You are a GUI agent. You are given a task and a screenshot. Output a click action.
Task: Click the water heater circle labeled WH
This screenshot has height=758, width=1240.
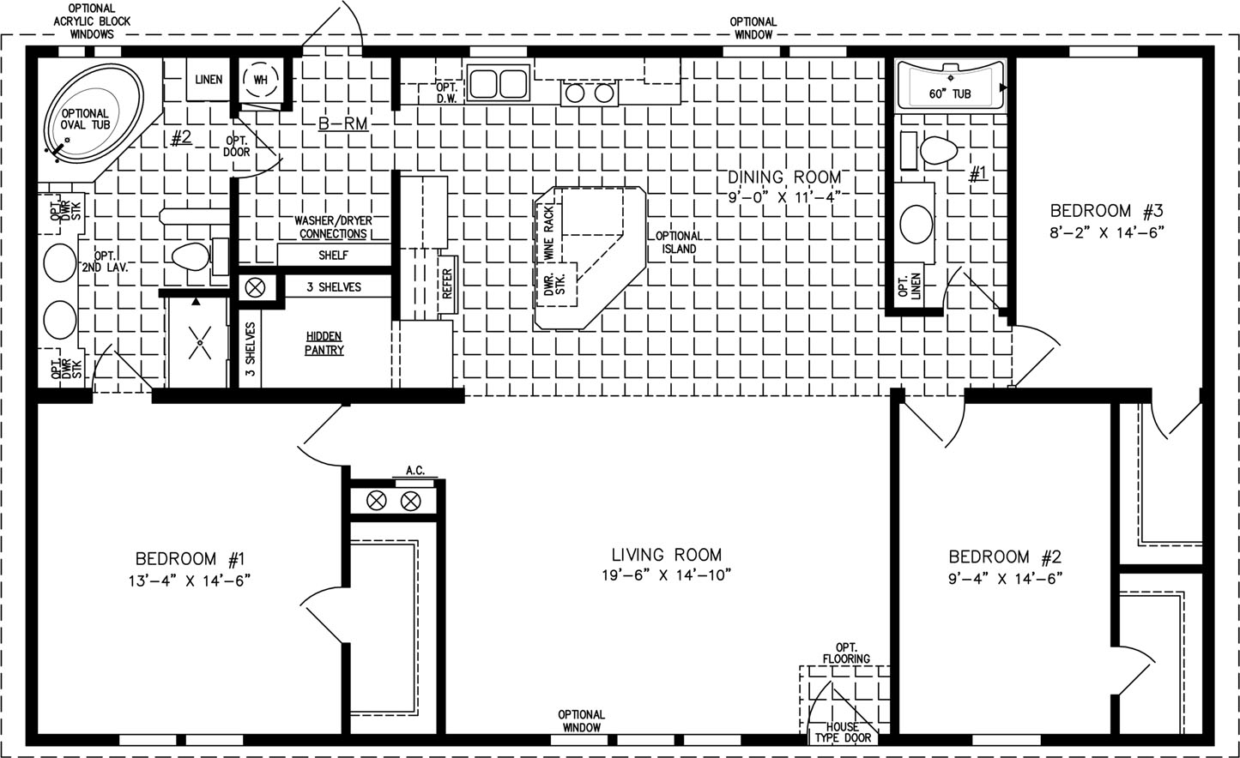(x=260, y=80)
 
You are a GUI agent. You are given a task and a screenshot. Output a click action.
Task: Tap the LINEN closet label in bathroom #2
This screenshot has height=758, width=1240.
(x=209, y=80)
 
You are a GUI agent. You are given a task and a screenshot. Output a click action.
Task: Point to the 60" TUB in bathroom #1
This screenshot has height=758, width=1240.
(x=950, y=85)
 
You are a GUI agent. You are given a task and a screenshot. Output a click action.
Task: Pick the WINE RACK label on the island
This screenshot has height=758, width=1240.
(x=549, y=233)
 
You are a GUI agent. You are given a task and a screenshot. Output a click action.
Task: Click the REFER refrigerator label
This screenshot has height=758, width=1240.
(x=447, y=284)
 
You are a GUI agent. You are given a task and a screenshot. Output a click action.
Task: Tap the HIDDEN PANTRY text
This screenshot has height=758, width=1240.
(x=324, y=343)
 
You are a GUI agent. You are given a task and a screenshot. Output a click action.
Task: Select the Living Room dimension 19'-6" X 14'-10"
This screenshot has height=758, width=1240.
(x=667, y=575)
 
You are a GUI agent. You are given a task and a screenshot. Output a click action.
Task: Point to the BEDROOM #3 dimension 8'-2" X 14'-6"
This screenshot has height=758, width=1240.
(x=1107, y=232)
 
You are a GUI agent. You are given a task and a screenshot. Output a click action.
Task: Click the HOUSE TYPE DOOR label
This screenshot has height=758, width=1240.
(x=843, y=732)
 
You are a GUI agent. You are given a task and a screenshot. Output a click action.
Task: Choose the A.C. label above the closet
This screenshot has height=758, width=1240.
(x=415, y=470)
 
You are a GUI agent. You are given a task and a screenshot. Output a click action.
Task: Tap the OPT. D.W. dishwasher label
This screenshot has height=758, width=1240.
(x=446, y=93)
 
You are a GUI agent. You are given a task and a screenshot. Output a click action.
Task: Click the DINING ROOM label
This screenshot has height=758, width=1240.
(x=783, y=177)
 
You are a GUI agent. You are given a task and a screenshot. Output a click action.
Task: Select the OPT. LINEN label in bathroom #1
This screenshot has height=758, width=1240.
(x=910, y=286)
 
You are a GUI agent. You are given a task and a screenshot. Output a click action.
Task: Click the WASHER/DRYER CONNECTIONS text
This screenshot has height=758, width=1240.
(x=333, y=227)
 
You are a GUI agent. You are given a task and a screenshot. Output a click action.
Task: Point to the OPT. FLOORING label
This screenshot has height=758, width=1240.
(x=846, y=653)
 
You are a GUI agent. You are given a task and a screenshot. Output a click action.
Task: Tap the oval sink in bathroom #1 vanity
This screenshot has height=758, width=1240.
(x=916, y=224)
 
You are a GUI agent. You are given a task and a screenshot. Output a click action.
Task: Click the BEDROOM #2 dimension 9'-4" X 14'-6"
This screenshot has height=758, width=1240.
(x=1005, y=579)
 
